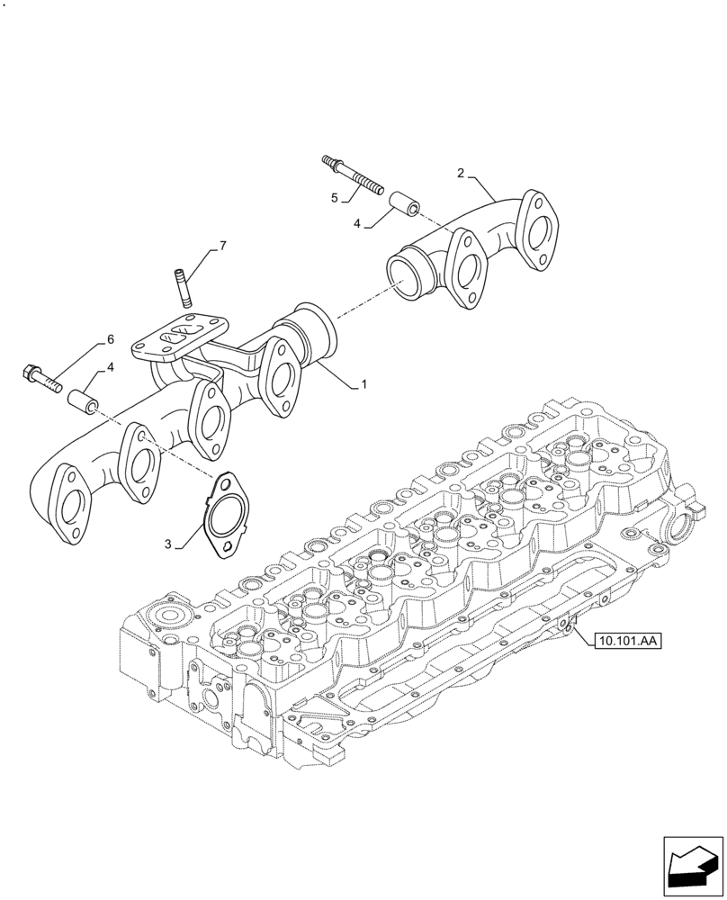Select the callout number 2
click(x=460, y=173)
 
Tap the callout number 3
click(x=167, y=544)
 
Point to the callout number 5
click(x=334, y=197)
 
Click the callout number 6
click(x=111, y=339)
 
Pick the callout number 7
click(x=222, y=246)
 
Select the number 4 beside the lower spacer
click(x=110, y=367)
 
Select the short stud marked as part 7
click(x=181, y=288)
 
